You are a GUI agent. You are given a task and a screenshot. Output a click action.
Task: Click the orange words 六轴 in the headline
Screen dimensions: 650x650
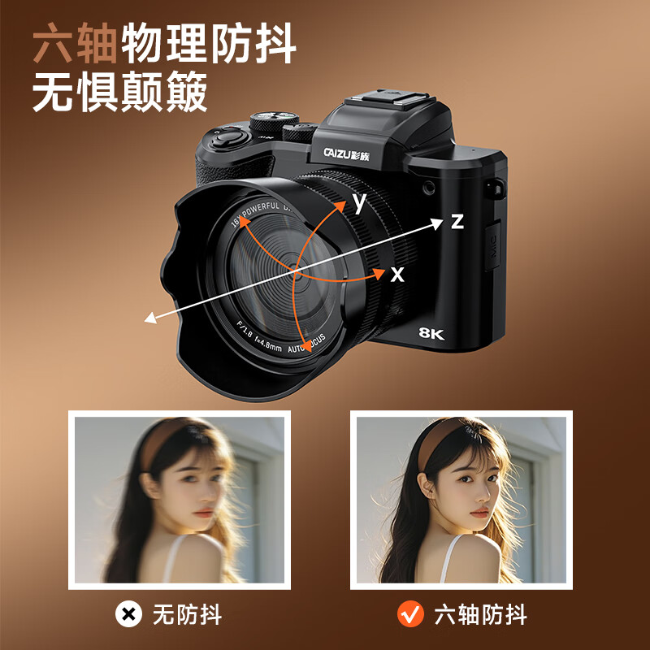pyautogui.click(x=75, y=47)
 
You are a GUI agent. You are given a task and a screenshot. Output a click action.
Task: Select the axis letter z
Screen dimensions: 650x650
pyautogui.click(x=457, y=221)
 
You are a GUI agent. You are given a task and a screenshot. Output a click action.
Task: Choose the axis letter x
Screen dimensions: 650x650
pyautogui.click(x=396, y=275)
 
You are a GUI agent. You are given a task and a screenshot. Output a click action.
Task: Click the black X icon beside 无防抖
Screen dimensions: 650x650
pyautogui.click(x=128, y=614)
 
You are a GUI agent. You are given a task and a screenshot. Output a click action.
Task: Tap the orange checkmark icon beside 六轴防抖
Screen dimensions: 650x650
pyautogui.click(x=410, y=614)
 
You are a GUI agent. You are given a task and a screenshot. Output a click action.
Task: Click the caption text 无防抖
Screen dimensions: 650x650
pyautogui.click(x=187, y=614)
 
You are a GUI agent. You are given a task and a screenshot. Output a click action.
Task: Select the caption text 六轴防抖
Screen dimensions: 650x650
pyautogui.click(x=481, y=614)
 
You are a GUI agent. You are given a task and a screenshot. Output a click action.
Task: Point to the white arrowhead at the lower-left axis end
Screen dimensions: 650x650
pyautogui.click(x=150, y=318)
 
